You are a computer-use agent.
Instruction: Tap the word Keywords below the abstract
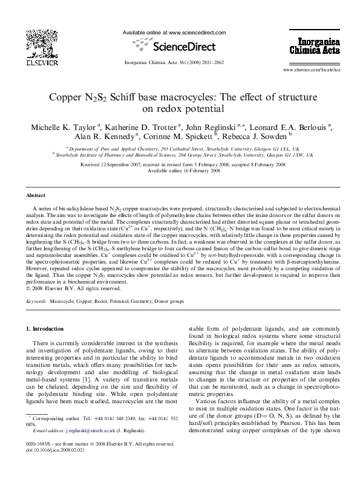click(36, 300)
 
